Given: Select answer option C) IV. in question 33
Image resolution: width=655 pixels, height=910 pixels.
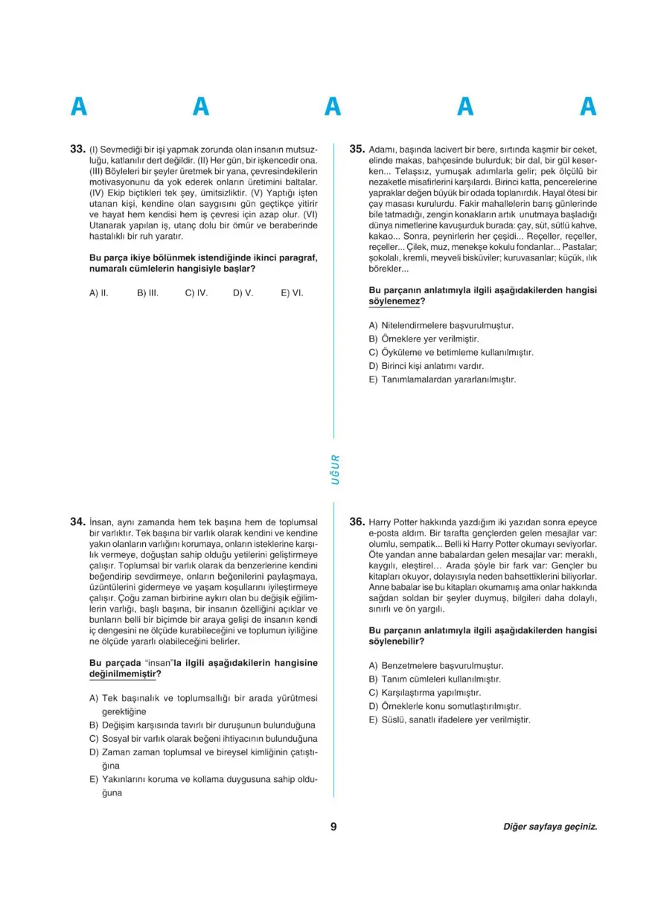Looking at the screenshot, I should tap(196, 293).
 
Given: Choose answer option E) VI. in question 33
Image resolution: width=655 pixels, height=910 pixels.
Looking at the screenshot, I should tap(292, 293).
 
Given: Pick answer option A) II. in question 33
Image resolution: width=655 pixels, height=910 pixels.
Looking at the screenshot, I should tap(99, 293).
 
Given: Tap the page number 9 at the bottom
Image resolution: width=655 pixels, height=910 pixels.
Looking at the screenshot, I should tap(333, 827).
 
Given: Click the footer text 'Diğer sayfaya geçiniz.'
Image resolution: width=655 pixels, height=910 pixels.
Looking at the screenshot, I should tap(550, 827).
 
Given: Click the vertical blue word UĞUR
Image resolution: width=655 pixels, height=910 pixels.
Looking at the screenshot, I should tap(335, 470).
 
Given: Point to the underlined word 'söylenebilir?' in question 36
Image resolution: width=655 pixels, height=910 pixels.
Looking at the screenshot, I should tap(397, 641).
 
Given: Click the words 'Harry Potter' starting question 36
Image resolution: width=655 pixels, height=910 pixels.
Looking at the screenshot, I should tap(394, 522).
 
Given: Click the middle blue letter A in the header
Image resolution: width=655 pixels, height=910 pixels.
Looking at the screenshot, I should tap(333, 107).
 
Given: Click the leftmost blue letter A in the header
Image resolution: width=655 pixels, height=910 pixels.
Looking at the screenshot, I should tap(78, 107).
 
